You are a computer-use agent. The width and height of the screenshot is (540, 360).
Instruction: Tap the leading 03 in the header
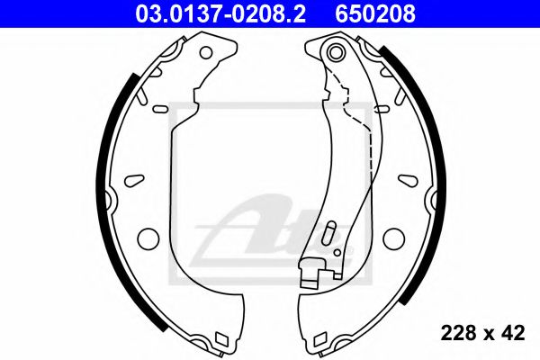tap(145, 12)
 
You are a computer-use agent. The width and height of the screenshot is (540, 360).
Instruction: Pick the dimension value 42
tap(513, 333)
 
